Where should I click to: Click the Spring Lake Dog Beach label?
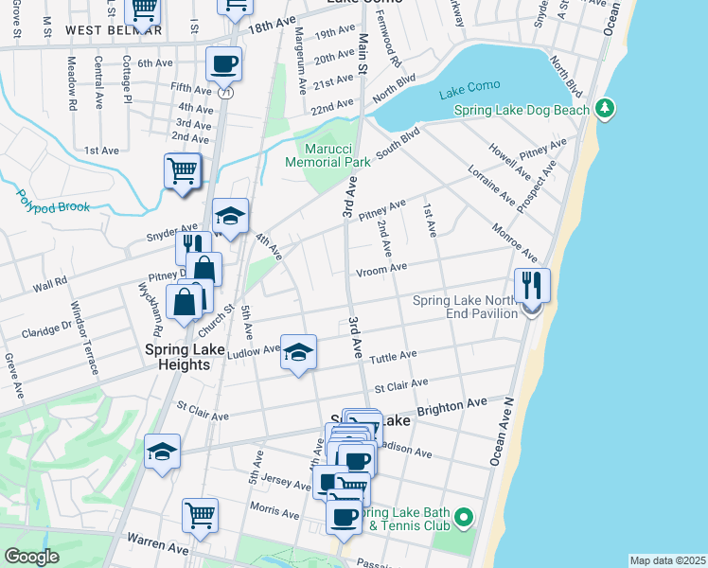[522, 110]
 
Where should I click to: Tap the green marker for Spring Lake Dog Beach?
[606, 110]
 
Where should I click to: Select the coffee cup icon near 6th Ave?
[224, 64]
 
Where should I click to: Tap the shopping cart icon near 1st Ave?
[182, 171]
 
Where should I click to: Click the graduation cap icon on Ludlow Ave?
[299, 352]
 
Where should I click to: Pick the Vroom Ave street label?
[381, 269]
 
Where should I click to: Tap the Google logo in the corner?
[31, 557]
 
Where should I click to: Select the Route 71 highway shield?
[224, 93]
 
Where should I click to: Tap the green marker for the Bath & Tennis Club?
[463, 518]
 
